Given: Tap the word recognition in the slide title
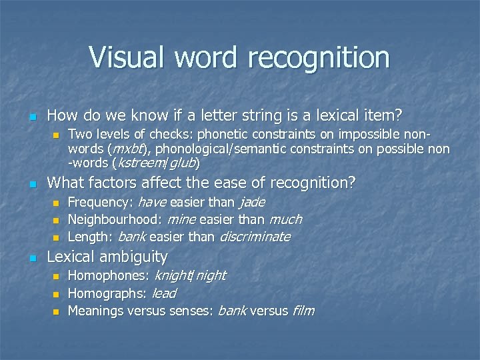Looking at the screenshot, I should coord(319,58).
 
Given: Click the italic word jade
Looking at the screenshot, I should coord(251,202).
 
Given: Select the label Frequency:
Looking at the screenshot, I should coord(101,202).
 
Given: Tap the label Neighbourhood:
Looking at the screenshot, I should coord(115,219).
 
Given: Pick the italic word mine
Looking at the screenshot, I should coord(181,219).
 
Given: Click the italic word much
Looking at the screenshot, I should coord(285,219).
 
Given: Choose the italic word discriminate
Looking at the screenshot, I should coord(255,237).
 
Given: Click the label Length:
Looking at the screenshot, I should coord(91,237).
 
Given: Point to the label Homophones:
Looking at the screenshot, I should coord(109,275).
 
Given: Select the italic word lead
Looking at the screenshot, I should coord(164,293).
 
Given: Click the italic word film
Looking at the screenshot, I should coord(303,310).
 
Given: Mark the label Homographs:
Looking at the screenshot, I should coord(108,293).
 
